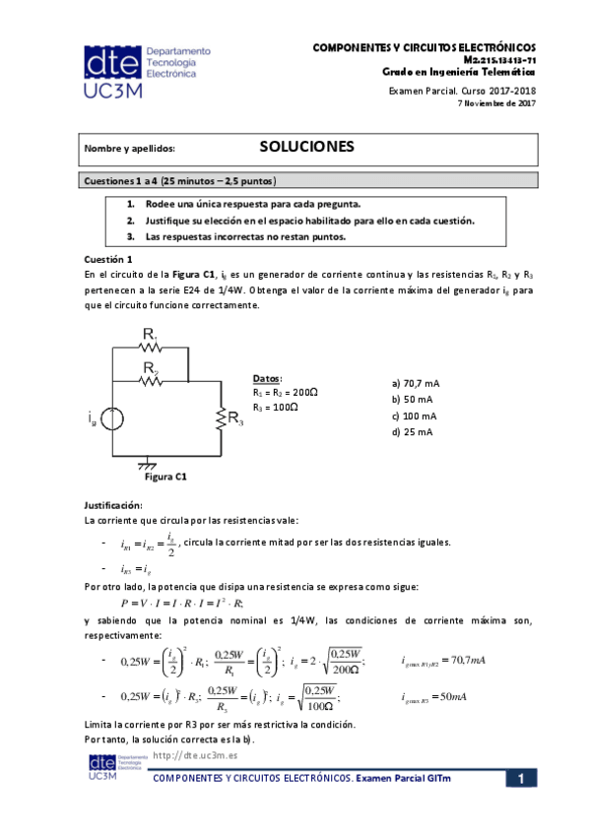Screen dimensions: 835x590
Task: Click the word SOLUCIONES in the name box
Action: pos(305,147)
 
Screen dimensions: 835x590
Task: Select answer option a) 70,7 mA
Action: pos(415,383)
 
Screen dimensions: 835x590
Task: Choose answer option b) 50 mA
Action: pos(412,399)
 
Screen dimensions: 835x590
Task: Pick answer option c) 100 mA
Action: pos(414,416)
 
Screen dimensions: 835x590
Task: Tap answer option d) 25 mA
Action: pos(412,431)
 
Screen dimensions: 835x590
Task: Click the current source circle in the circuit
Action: pos(113,419)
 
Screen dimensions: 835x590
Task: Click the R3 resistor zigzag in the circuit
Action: pos(218,418)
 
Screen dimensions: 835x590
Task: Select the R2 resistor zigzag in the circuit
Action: pos(150,382)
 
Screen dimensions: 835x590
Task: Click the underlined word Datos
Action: pos(267,378)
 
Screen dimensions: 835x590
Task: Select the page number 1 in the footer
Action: pos(520,779)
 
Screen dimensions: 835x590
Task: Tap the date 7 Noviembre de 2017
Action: pos(497,102)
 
